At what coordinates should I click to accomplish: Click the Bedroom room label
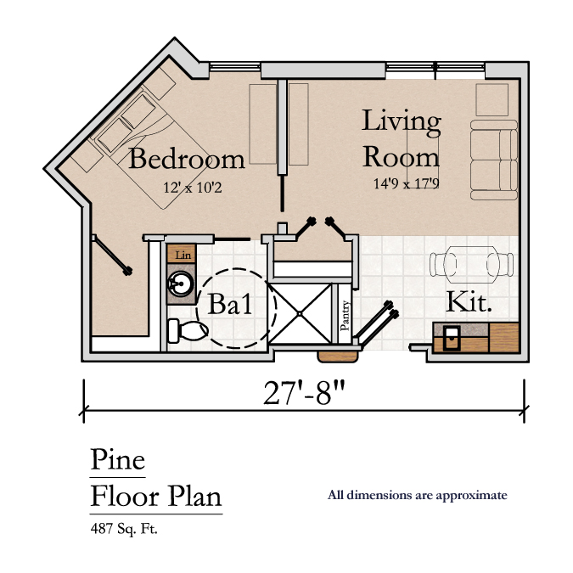pyautogui.click(x=187, y=159)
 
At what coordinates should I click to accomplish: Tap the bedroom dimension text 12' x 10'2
pyautogui.click(x=192, y=188)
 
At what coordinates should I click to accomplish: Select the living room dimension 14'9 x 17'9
pyautogui.click(x=406, y=183)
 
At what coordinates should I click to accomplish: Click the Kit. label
pyautogui.click(x=469, y=302)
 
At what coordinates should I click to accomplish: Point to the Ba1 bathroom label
pyautogui.click(x=230, y=304)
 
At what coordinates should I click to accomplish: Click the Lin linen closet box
pyautogui.click(x=182, y=254)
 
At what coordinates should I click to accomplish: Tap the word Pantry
pyautogui.click(x=345, y=316)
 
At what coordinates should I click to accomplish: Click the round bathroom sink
pyautogui.click(x=181, y=284)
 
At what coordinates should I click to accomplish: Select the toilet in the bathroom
pyautogui.click(x=188, y=331)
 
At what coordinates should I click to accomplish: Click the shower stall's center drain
pyautogui.click(x=300, y=313)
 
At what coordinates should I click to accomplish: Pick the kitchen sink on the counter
pyautogui.click(x=452, y=339)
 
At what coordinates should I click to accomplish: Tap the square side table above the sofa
pyautogui.click(x=492, y=100)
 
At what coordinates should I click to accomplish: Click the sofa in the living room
pyautogui.click(x=494, y=160)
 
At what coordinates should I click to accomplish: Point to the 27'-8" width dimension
pyautogui.click(x=304, y=393)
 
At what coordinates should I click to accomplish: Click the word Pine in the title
pyautogui.click(x=118, y=459)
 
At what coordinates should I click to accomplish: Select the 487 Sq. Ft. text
pyautogui.click(x=124, y=529)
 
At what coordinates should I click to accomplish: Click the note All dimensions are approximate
pyautogui.click(x=418, y=496)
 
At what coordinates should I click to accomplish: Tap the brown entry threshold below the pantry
pyautogui.click(x=338, y=357)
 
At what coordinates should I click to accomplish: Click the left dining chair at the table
pyautogui.click(x=443, y=265)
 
